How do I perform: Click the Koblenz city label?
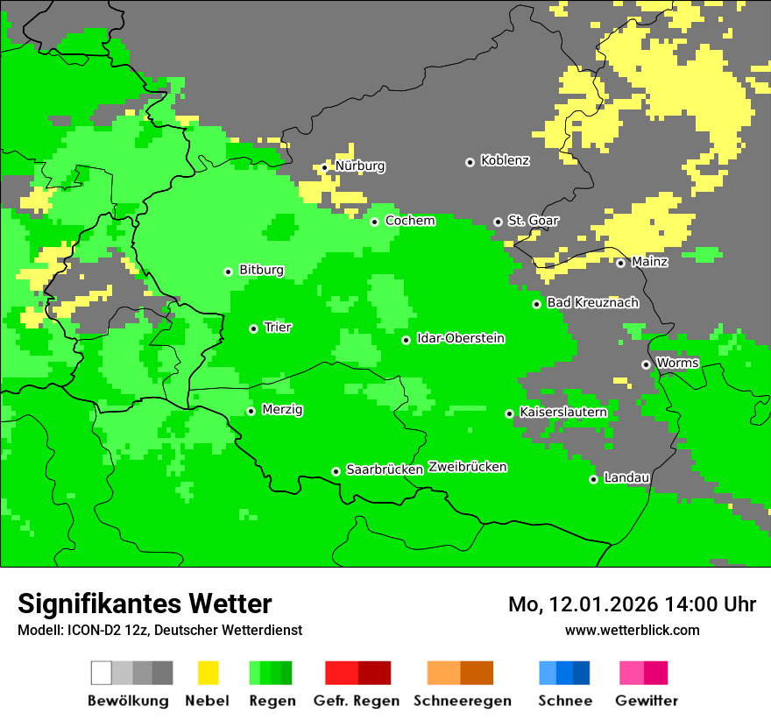point(505,161)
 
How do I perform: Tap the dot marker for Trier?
point(254,328)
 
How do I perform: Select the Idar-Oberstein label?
point(461,339)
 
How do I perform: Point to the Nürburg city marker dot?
point(325,167)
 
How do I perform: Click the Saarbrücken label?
point(385,470)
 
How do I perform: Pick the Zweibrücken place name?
point(467,468)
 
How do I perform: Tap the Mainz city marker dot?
point(621,263)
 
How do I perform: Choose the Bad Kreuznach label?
point(592,303)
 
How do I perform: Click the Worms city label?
point(677,363)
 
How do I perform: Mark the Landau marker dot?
point(594,479)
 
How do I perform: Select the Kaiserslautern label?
point(563,413)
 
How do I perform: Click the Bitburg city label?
point(261,271)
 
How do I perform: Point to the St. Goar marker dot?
point(499,222)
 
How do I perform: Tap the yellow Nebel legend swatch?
point(208,673)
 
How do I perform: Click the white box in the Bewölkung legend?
point(102,673)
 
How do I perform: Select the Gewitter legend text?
point(647,701)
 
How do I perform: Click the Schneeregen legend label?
point(463,701)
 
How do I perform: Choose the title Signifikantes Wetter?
point(145,603)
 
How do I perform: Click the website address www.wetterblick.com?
point(633,630)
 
